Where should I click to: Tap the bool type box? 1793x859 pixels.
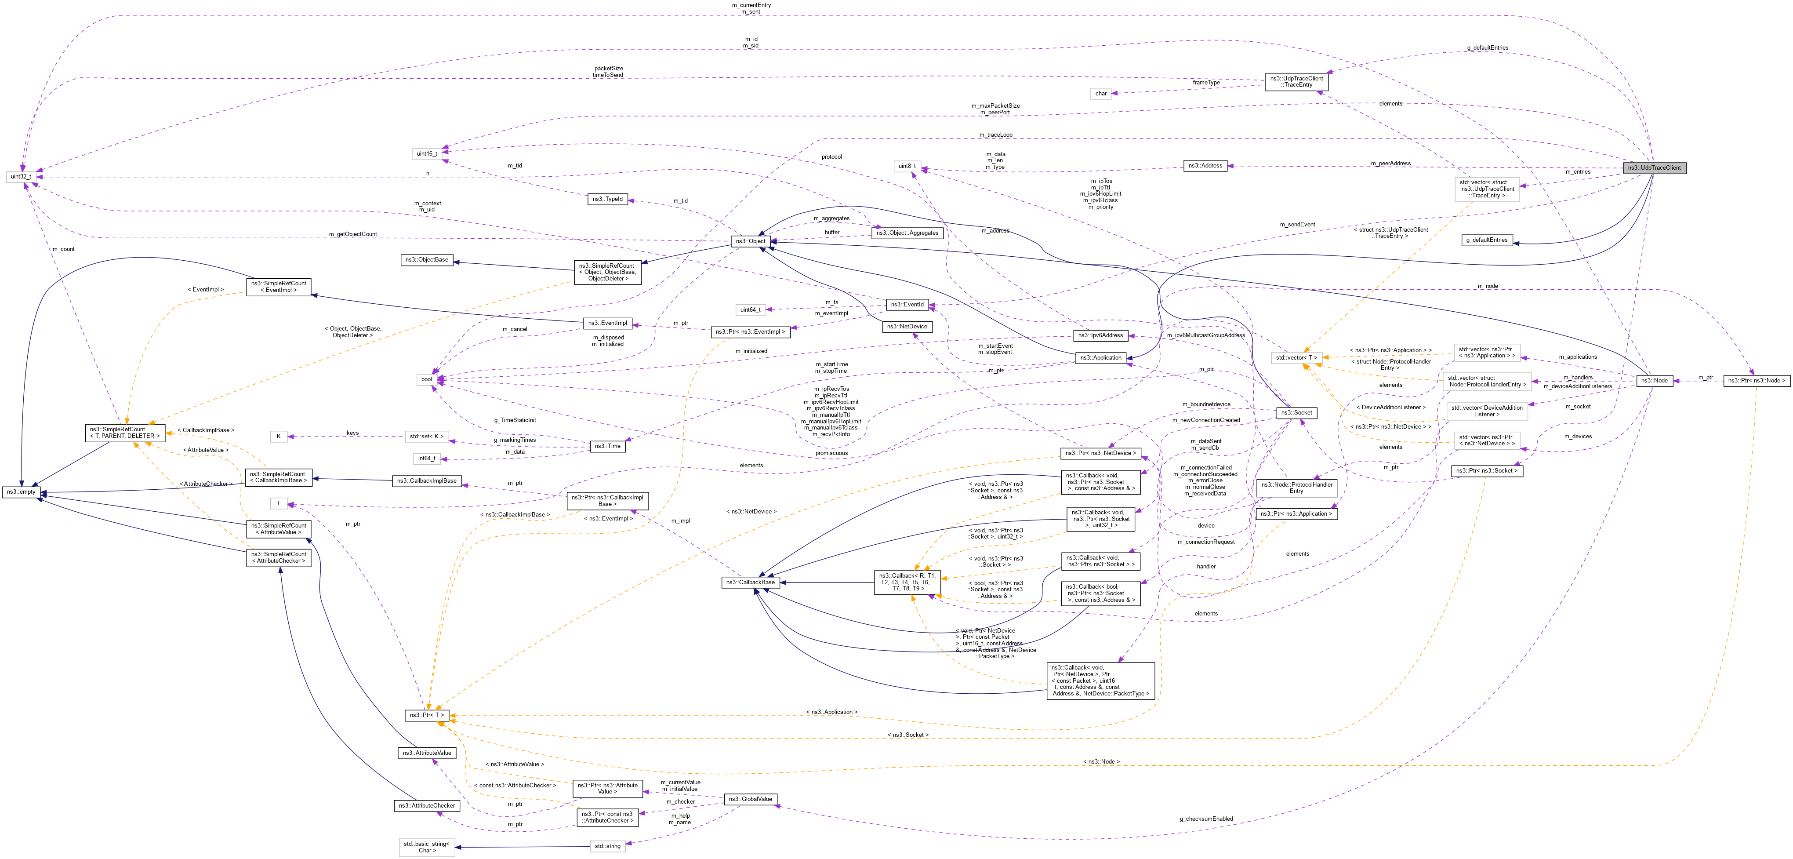pyautogui.click(x=426, y=379)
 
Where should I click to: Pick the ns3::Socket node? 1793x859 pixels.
pyautogui.click(x=1296, y=413)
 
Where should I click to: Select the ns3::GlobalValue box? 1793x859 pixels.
pyautogui.click(x=750, y=799)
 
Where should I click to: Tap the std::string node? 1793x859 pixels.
pyautogui.click(x=608, y=846)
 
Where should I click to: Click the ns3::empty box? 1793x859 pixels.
pyautogui.click(x=21, y=492)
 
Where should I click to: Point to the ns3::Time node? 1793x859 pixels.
pyautogui.click(x=607, y=446)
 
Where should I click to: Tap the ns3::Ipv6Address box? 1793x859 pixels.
pyautogui.click(x=1100, y=335)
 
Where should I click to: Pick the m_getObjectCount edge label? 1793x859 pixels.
pyautogui.click(x=353, y=234)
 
